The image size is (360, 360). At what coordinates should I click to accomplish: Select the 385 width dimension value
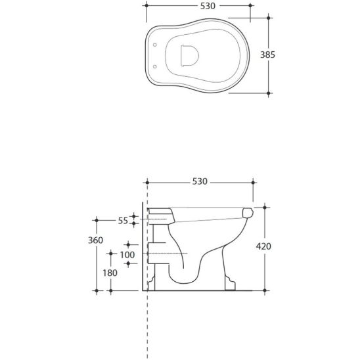[x=285, y=55]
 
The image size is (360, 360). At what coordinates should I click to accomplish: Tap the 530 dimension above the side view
[x=200, y=181]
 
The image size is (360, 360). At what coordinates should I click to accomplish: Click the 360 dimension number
[x=96, y=241]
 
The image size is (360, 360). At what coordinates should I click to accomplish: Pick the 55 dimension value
[x=123, y=221]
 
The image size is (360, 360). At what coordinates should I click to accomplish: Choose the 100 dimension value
[x=126, y=254]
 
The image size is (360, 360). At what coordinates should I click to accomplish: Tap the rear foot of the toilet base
[x=152, y=284]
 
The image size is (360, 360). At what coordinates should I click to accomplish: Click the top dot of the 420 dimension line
[x=265, y=206]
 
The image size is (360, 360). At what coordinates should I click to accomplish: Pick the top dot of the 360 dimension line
[x=97, y=219]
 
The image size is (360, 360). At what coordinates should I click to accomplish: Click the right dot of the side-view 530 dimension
[x=253, y=181]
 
